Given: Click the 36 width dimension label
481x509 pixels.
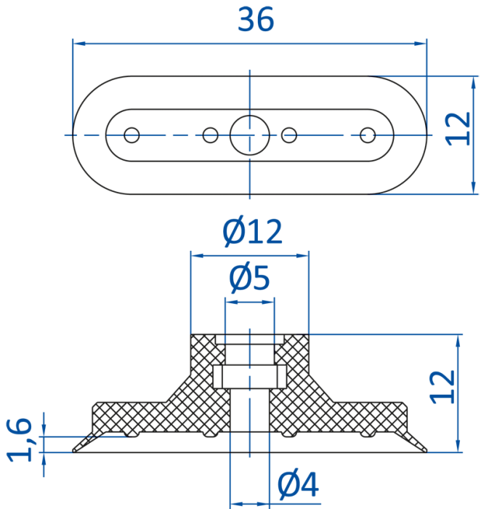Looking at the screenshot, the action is click(x=256, y=20).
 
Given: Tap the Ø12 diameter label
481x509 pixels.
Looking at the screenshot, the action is click(x=252, y=231).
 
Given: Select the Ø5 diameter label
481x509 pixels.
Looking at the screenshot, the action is click(x=249, y=278).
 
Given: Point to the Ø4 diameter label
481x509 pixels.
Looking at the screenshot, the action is click(x=299, y=485).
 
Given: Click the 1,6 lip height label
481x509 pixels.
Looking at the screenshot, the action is click(x=20, y=439).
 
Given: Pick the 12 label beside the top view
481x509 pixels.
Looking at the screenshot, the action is click(x=458, y=129).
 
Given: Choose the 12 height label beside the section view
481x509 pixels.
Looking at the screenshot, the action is click(x=442, y=387).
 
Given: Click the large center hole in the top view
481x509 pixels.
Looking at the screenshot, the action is click(x=250, y=135).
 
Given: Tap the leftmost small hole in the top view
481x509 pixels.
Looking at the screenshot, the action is click(x=132, y=135).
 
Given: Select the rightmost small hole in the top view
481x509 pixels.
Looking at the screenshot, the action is click(x=368, y=135).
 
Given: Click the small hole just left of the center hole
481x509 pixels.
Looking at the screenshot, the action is click(x=211, y=135).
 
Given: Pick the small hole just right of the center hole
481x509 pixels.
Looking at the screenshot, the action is click(x=289, y=135).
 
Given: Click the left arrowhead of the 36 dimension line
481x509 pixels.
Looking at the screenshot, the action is click(x=78, y=43).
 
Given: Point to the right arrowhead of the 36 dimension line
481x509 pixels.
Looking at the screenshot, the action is click(x=421, y=43).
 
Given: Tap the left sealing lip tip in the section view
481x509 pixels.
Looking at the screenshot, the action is click(x=73, y=451).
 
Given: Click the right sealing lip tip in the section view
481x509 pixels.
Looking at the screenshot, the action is click(x=427, y=451).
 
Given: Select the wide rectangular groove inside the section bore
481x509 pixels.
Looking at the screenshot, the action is click(x=250, y=377).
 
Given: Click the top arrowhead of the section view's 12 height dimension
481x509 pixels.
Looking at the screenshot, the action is click(x=458, y=341).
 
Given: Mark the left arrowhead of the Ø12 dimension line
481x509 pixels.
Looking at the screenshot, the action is click(x=197, y=256).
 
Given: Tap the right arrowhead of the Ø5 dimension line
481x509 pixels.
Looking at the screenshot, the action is click(x=269, y=302).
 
